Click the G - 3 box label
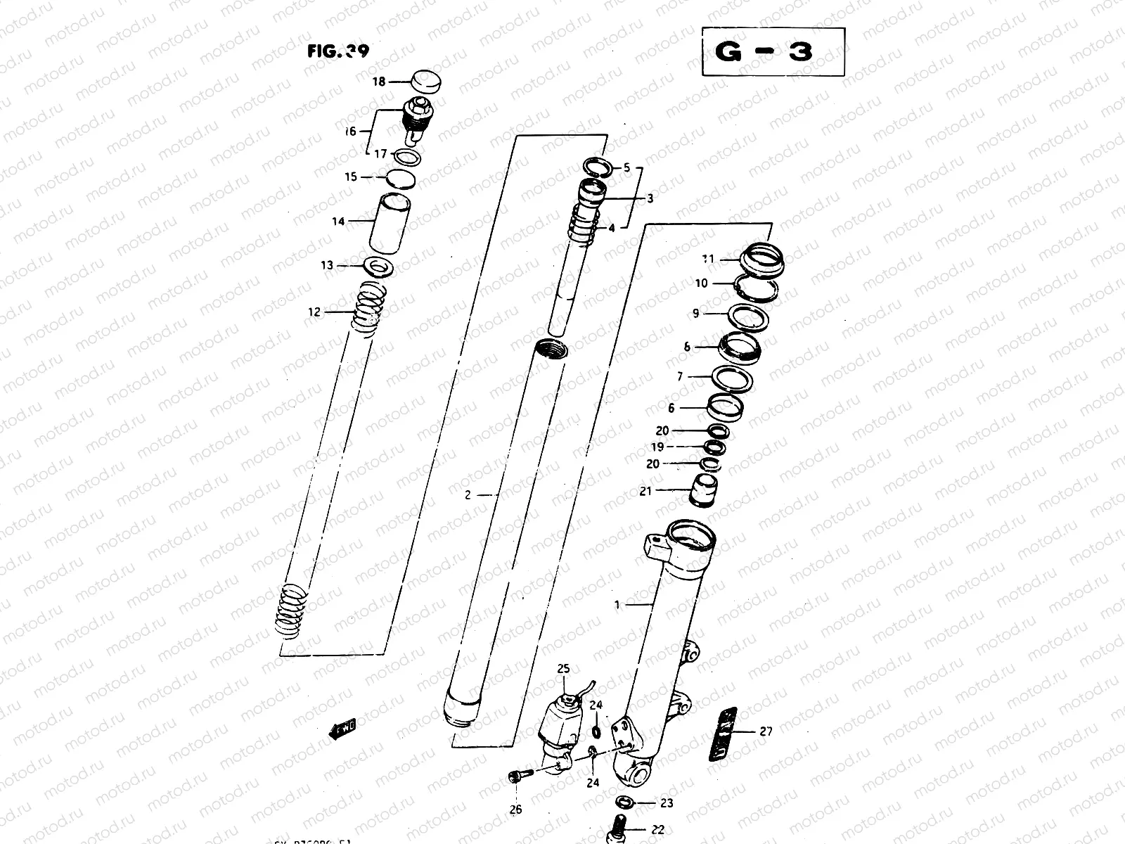(773, 51)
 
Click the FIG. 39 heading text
(337, 51)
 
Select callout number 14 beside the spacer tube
(338, 222)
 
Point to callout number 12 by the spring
(314, 312)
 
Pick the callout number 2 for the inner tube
(468, 495)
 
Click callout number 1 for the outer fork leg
(617, 604)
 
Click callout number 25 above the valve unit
(564, 668)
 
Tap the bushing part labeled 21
(701, 489)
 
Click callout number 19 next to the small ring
(657, 447)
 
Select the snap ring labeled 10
(757, 288)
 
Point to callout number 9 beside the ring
(696, 314)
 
